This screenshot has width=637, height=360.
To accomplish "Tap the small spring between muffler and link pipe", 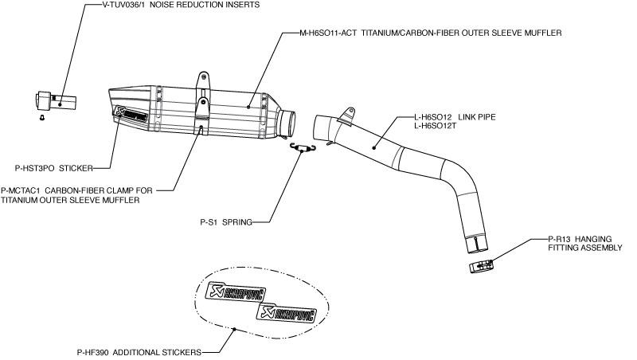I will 303,146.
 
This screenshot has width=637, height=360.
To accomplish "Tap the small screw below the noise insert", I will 42,117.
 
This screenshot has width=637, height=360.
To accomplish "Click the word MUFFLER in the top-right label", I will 543,33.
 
